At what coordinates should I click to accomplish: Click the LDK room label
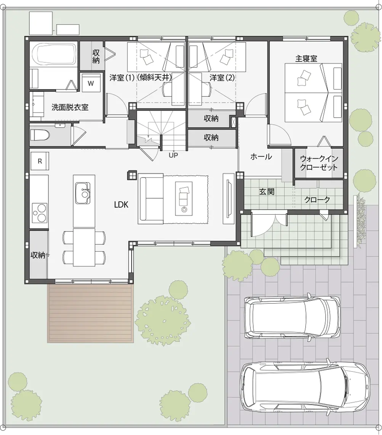[x=121, y=205]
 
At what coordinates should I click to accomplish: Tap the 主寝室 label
[x=306, y=59]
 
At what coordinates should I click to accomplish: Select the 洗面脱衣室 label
[x=70, y=108]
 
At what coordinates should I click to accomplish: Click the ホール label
[x=261, y=156]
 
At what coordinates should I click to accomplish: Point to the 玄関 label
[x=266, y=192]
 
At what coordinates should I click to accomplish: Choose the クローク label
[x=317, y=200]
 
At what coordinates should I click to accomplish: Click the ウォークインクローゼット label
[x=319, y=163]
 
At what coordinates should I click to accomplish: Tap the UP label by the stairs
[x=173, y=155]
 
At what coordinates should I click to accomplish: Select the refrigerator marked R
[x=40, y=161]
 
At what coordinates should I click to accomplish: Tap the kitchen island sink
[x=83, y=193]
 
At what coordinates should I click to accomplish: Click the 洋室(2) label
[x=222, y=77]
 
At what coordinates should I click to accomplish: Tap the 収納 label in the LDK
[x=39, y=255]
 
